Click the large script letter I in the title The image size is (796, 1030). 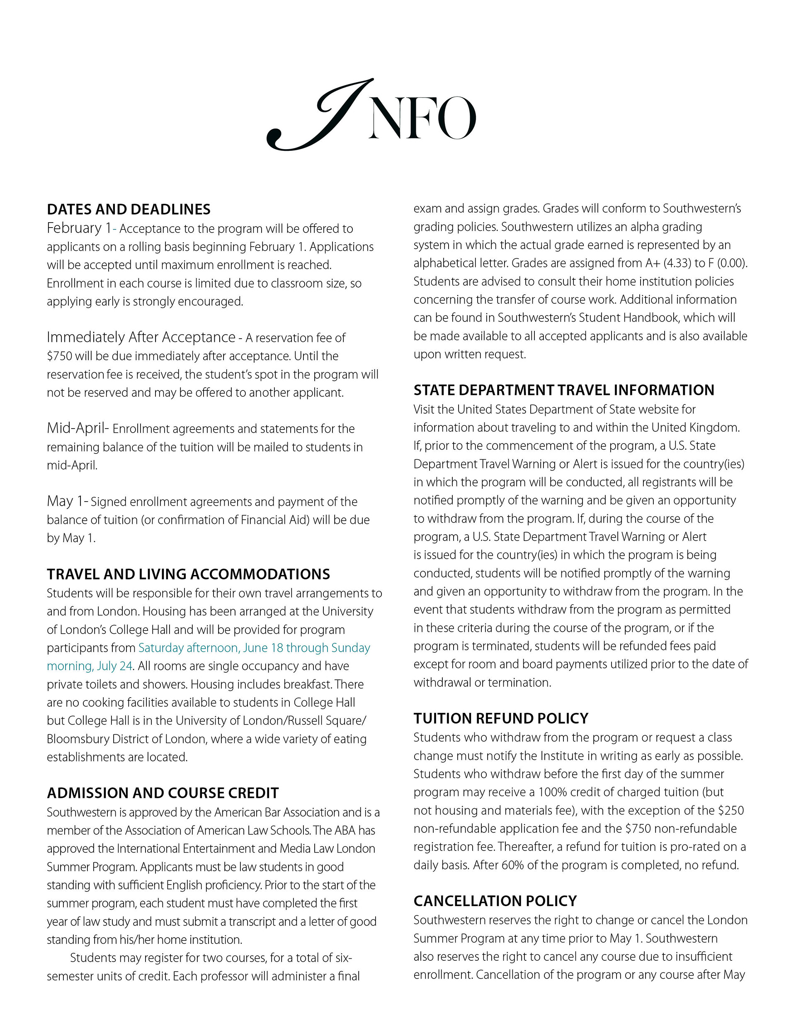(x=321, y=116)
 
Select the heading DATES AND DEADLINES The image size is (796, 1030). (x=129, y=209)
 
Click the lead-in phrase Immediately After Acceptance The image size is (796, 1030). (x=141, y=337)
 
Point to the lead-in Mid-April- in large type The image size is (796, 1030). (x=78, y=428)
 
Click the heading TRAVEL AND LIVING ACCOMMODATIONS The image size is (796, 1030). (x=188, y=574)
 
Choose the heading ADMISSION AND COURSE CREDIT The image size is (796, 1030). (x=163, y=793)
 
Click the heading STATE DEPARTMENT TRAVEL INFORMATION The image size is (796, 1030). (x=564, y=390)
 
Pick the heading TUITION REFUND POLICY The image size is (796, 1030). (x=501, y=718)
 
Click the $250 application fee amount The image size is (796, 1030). (x=730, y=810)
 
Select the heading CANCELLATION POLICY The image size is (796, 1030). (x=495, y=901)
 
